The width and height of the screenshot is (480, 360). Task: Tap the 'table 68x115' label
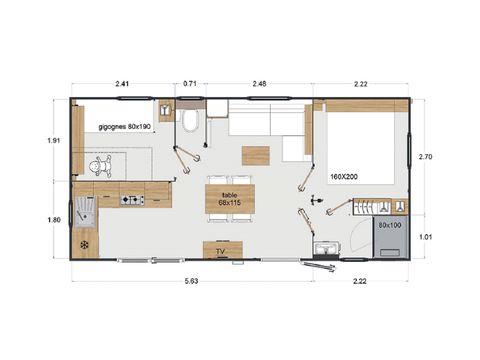229,198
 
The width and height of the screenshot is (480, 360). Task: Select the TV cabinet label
223,251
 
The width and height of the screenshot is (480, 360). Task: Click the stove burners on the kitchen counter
132,200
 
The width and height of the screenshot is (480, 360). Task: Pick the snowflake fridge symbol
85,242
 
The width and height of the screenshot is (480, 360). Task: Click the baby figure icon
98,164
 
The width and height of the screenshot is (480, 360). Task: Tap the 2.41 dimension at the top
121,84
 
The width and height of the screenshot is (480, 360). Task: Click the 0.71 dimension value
190,84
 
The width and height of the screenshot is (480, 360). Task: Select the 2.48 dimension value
259,84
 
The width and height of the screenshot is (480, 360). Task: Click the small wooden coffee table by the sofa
256,156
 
